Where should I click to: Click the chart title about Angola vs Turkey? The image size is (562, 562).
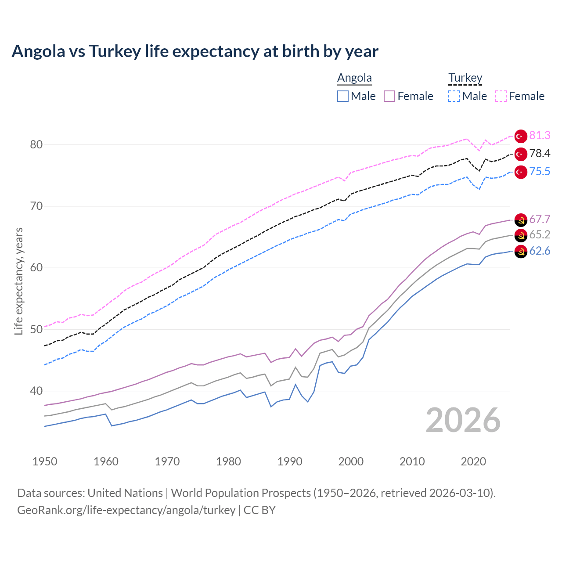pos(195,51)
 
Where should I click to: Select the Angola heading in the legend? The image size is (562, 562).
pos(354,78)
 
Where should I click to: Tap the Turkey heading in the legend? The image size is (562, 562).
pos(465,78)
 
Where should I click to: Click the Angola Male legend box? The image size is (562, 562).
pos(343,96)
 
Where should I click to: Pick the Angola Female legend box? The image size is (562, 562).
pos(389,96)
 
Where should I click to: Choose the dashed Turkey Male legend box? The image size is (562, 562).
pos(454,96)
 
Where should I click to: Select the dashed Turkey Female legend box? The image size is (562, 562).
pos(501,96)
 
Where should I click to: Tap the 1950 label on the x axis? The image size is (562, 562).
pos(45,461)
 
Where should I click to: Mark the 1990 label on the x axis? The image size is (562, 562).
pos(290,461)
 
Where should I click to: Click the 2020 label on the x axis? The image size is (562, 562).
pos(473,461)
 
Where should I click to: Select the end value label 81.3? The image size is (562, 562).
pos(540,136)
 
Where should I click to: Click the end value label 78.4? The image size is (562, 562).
pos(540,153)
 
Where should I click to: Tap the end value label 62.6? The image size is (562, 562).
pos(540,251)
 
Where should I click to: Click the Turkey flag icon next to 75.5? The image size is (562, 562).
pos(521,172)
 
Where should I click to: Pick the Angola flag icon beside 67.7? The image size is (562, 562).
pos(521,220)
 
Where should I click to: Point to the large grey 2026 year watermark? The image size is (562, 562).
pos(463,420)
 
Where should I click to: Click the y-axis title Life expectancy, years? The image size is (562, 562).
pos(18,281)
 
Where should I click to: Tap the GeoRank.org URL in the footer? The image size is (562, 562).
pos(126,510)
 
